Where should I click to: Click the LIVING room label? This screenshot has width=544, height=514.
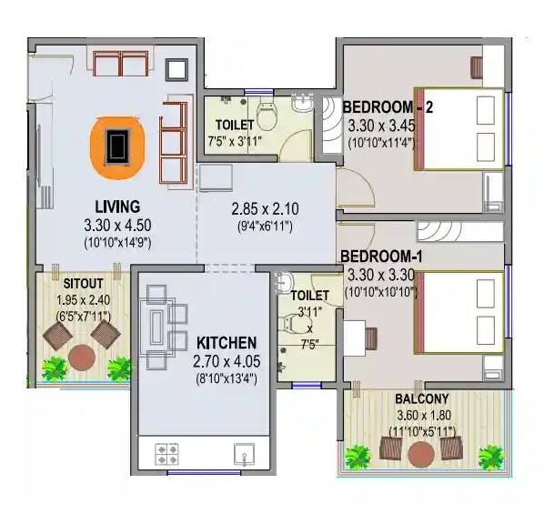click(116, 206)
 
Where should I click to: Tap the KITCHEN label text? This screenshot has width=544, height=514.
click(227, 343)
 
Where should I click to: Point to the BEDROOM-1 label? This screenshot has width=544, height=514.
click(383, 257)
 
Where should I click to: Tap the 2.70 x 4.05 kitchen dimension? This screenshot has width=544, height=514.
click(227, 361)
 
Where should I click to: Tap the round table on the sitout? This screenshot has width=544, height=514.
click(83, 357)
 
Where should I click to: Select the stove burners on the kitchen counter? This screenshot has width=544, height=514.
click(167, 452)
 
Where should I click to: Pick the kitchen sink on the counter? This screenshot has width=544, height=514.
click(242, 452)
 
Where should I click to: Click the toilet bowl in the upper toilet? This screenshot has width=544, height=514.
click(267, 116)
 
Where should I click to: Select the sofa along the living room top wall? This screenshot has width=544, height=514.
click(121, 65)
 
